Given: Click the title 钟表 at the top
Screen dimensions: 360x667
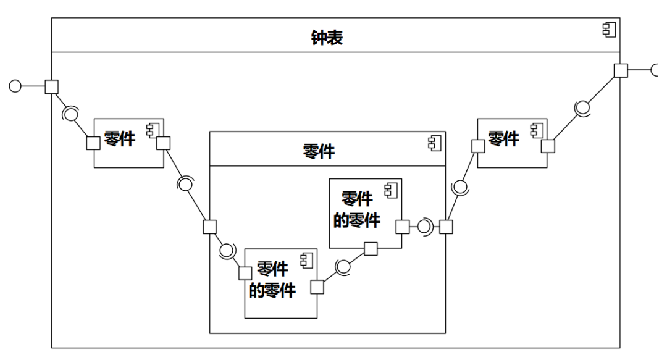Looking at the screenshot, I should click(327, 38).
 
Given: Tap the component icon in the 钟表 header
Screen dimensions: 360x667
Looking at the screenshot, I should click(610, 30).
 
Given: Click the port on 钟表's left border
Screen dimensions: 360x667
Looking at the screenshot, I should click(51, 86).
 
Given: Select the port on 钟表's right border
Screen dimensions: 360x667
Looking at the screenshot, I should click(620, 70).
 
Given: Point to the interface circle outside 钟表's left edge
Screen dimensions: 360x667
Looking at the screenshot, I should click(15, 86).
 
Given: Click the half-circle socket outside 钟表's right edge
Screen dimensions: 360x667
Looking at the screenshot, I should click(657, 70).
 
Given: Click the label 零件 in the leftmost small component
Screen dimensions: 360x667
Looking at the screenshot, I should click(120, 138).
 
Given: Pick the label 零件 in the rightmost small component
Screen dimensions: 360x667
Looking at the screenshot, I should click(503, 138).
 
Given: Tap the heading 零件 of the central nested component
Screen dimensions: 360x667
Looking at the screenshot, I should click(319, 151).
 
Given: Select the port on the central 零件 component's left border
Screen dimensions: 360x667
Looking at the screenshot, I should click(210, 227).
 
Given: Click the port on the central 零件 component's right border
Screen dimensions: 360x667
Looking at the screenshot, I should click(445, 227).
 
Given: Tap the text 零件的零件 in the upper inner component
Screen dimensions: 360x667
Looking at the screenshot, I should click(357, 209).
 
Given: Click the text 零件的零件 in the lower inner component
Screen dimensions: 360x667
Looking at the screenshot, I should click(272, 280).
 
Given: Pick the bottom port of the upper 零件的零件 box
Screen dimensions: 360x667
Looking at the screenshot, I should click(371, 248).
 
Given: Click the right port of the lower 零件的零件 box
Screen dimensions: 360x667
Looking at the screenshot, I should click(317, 287).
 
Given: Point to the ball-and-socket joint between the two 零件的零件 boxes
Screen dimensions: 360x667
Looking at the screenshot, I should click(343, 267).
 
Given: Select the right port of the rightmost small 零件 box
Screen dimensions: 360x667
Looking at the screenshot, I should click(548, 146).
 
